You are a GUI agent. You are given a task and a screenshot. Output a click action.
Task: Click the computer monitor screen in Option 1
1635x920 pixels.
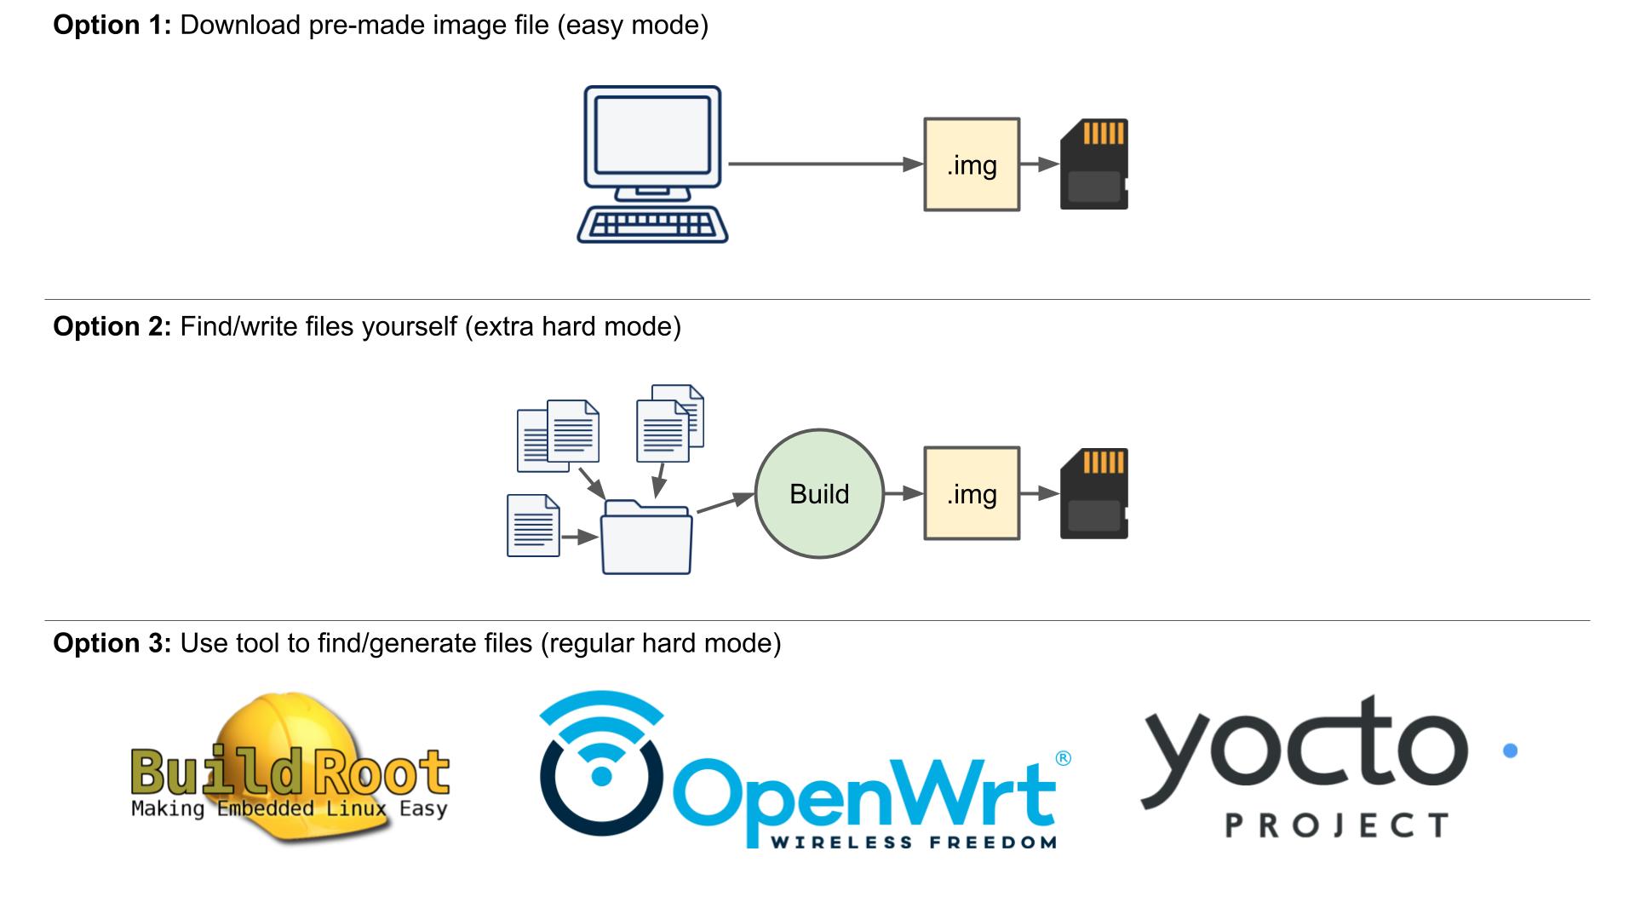point(652,135)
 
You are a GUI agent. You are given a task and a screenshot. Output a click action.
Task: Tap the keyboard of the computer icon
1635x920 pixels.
point(652,225)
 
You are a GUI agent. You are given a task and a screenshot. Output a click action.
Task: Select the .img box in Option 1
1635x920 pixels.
point(972,164)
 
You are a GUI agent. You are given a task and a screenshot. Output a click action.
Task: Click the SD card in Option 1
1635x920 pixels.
point(1094,164)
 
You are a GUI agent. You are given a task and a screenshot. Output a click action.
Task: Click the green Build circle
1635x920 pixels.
point(819,494)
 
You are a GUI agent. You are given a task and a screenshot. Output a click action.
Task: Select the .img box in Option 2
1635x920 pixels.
point(972,494)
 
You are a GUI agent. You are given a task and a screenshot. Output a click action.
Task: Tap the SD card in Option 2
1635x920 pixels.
point(1094,494)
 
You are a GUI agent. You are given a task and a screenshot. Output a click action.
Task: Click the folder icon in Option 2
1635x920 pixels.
point(647,538)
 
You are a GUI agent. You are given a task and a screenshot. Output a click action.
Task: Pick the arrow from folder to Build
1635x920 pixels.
point(725,503)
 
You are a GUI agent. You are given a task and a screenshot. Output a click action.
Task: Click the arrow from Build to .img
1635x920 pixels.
point(904,493)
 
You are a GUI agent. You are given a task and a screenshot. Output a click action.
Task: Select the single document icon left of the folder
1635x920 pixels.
point(533,526)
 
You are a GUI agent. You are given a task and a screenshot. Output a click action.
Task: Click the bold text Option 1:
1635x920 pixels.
point(112,26)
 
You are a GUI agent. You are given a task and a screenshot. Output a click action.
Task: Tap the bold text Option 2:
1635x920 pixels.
point(112,327)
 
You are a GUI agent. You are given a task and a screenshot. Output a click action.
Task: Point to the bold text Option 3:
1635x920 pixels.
point(112,643)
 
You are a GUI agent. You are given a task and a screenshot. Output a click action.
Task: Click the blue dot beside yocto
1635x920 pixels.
point(1511,750)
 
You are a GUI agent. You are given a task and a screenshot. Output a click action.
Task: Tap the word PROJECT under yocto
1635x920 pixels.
point(1337,825)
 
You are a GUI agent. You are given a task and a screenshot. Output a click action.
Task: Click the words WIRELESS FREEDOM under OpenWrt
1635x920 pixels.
point(914,842)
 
